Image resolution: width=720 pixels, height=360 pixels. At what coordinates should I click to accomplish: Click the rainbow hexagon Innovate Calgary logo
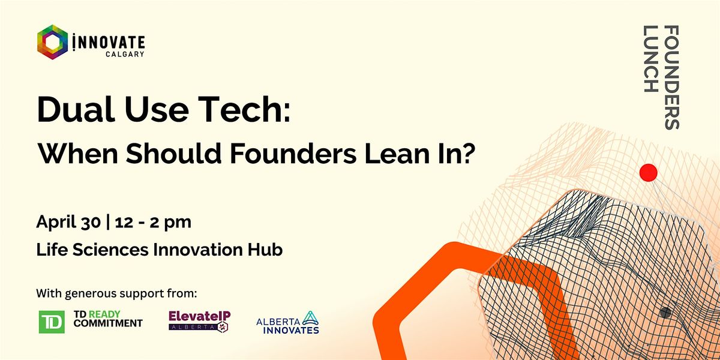point(52,42)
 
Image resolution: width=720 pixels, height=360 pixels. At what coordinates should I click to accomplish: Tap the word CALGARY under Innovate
point(125,54)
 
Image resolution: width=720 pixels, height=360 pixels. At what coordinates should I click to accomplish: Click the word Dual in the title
point(76,109)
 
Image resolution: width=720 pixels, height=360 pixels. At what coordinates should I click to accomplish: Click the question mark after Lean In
point(467,153)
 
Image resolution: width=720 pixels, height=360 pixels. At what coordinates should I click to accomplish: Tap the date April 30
point(68,223)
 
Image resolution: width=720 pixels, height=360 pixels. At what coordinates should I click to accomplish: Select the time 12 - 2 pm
point(153,223)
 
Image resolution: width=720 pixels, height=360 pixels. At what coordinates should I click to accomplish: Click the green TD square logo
point(52,322)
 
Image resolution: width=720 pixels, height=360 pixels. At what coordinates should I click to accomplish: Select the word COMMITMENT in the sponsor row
point(108,323)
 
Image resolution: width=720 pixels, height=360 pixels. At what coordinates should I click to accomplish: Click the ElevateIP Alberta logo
point(200,320)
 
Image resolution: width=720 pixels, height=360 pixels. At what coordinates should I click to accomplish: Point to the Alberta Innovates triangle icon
point(310,318)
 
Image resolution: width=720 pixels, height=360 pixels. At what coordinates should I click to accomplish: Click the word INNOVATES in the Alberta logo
point(291,330)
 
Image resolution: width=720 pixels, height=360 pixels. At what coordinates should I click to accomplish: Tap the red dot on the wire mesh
point(649,173)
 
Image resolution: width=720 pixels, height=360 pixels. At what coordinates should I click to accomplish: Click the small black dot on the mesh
point(665,313)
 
